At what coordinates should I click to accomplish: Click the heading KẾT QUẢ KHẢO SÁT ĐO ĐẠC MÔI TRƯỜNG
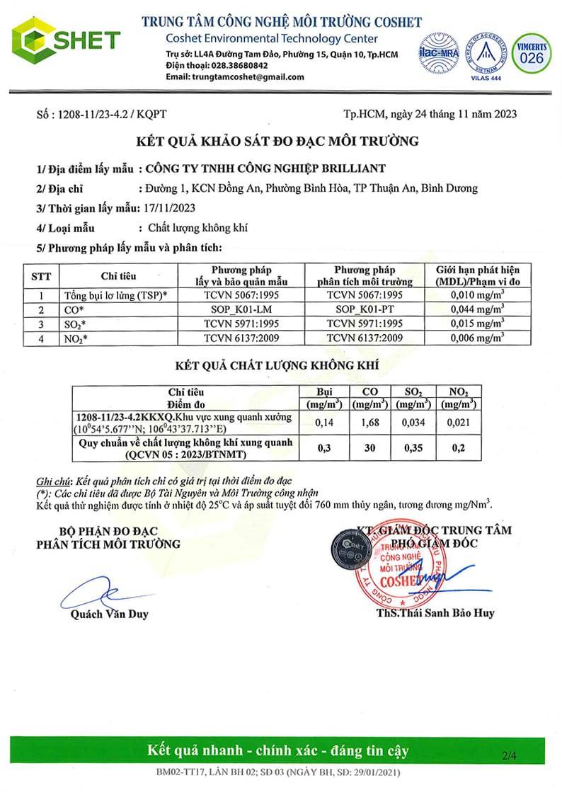pyautogui.click(x=281, y=141)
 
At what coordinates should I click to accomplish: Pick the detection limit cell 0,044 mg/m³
pyautogui.click(x=477, y=309)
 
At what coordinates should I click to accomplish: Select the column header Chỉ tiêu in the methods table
pyautogui.click(x=117, y=275)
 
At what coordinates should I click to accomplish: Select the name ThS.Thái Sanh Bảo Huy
pyautogui.click(x=435, y=613)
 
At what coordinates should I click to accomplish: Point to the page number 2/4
pyautogui.click(x=508, y=755)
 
